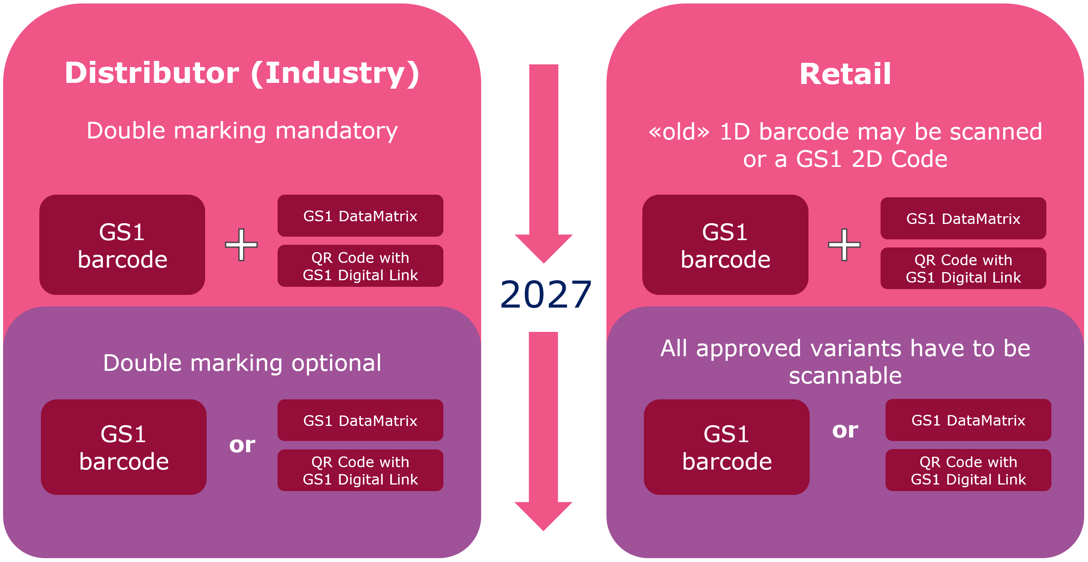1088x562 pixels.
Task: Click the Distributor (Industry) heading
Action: click(x=242, y=74)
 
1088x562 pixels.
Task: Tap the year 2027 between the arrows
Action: click(x=545, y=295)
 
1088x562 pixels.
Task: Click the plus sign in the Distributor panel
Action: click(x=241, y=245)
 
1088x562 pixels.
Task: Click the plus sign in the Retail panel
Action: click(x=844, y=245)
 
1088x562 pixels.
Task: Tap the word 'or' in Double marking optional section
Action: click(x=242, y=444)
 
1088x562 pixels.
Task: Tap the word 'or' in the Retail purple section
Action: click(x=845, y=431)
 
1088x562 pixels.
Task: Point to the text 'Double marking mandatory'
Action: click(x=242, y=130)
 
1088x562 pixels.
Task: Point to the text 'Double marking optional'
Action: click(x=242, y=363)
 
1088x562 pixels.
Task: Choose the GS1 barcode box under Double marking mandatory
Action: click(x=122, y=245)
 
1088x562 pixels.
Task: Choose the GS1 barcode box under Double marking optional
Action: click(x=124, y=447)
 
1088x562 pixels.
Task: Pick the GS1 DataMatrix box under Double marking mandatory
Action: click(x=360, y=216)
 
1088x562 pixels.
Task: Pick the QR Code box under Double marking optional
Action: click(x=360, y=470)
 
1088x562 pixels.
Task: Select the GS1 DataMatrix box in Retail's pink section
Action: click(x=963, y=218)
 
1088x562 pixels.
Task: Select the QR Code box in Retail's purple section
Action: click(x=968, y=470)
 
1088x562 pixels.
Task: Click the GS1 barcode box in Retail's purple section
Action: click(x=726, y=447)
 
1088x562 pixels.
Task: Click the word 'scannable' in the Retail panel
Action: click(x=845, y=376)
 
